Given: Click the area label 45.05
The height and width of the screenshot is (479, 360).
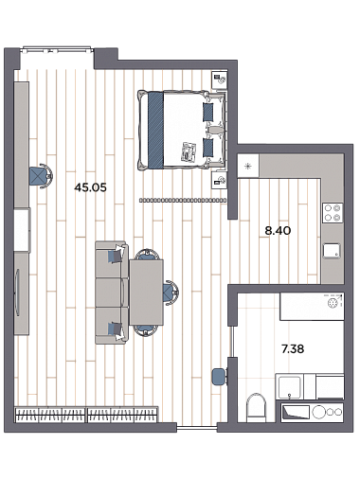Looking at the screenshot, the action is (90, 187).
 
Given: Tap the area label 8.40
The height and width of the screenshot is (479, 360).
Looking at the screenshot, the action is (278, 231).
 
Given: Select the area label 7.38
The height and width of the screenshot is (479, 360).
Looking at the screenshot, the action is (293, 349).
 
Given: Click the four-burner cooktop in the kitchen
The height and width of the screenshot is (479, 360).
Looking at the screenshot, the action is (333, 213).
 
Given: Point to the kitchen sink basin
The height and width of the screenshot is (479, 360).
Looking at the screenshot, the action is (332, 250).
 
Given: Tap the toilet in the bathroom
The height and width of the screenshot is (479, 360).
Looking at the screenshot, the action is (257, 407).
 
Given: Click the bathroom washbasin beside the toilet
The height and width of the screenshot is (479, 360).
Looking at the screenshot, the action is (289, 386).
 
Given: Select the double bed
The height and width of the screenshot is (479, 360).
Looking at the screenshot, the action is (182, 130).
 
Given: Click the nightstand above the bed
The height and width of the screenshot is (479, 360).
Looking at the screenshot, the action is (220, 80).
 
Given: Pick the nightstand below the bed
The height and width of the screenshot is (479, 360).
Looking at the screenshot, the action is (220, 180).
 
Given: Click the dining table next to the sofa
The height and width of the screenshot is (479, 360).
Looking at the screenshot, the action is (146, 292).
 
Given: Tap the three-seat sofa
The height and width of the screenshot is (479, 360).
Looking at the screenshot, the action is (112, 293).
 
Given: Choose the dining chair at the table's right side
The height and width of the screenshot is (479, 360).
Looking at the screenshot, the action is (171, 293).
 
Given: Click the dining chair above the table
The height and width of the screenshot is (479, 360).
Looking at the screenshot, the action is (146, 254).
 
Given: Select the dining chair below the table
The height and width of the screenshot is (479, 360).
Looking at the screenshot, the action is (146, 330).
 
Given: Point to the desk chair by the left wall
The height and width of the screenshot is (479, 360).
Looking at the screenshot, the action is (41, 176).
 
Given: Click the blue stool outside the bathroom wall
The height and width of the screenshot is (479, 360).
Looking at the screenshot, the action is (220, 377).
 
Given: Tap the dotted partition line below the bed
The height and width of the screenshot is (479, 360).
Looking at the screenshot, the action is (183, 200).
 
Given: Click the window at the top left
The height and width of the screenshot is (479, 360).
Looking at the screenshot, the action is (57, 50).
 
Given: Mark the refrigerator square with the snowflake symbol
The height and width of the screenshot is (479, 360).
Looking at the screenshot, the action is (248, 166).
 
